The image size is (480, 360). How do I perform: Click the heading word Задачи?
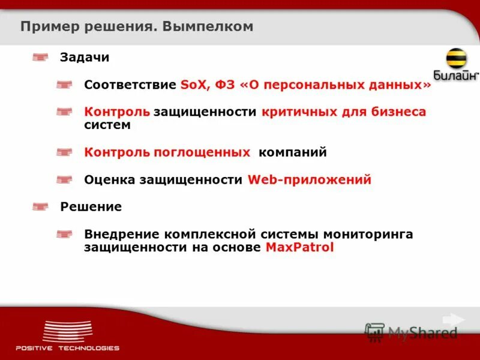(x=85, y=58)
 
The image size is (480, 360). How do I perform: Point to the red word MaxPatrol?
(x=299, y=247)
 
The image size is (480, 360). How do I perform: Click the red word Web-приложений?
(x=310, y=180)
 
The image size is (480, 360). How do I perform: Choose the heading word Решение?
(x=91, y=207)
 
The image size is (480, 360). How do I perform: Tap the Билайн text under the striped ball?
(x=455, y=76)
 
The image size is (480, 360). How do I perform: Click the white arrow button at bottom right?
(x=454, y=319)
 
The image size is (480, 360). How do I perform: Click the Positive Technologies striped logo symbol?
(x=67, y=331)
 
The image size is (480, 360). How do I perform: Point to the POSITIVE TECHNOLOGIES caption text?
(x=67, y=348)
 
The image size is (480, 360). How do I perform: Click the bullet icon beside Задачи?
(x=40, y=58)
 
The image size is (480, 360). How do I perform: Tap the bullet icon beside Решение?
(x=40, y=207)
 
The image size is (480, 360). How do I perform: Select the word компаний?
(x=293, y=152)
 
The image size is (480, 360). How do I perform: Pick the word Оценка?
(x=109, y=180)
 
